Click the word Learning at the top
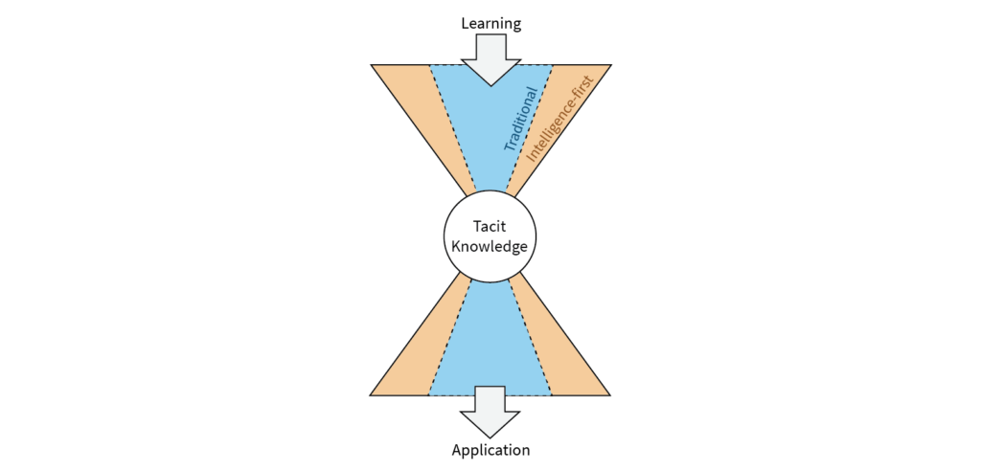pos(491,24)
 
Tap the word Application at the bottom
pos(490,450)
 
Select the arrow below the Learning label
pos(491,59)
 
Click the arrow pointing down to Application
pos(490,412)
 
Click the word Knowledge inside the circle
pos(490,246)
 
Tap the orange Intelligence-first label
pos(559,120)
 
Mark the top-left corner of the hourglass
pos(371,64)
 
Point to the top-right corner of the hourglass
pos(610,64)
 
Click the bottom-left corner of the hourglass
pos(370,396)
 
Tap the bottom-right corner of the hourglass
pos(610,396)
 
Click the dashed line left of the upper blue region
pos(452,128)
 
